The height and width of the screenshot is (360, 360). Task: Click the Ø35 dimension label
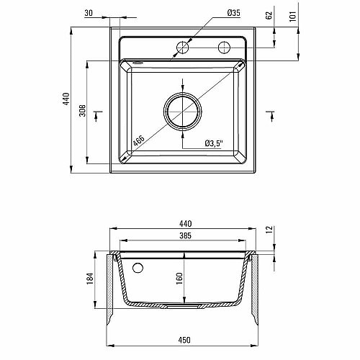(x=233, y=13)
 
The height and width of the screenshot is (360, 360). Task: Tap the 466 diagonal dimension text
(x=139, y=141)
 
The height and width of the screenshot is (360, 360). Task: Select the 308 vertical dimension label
(x=83, y=110)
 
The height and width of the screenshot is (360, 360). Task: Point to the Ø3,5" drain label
(x=214, y=143)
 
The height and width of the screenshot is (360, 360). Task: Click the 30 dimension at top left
(x=89, y=13)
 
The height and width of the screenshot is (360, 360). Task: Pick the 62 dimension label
(x=269, y=15)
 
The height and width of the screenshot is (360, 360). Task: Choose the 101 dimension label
(x=293, y=17)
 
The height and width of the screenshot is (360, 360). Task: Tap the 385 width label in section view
(x=186, y=235)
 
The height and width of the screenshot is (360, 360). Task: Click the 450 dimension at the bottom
(x=184, y=340)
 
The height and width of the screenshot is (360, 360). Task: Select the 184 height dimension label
(x=90, y=279)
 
